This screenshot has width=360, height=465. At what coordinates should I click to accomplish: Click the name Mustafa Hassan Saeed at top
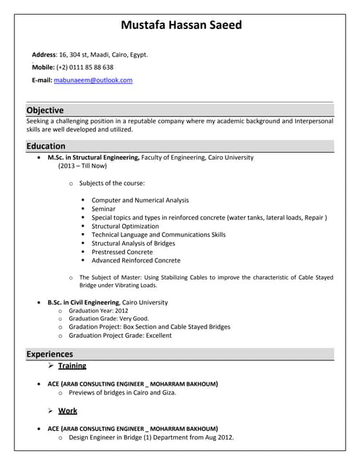(x=181, y=25)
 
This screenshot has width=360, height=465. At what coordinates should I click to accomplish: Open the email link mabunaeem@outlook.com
(x=93, y=80)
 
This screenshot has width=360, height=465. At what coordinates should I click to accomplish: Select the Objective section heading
(x=45, y=110)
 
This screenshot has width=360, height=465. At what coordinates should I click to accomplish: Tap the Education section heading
(x=46, y=146)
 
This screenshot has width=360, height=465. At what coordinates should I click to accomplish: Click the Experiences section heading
(x=49, y=354)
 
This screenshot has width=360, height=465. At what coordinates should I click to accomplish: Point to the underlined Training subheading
(x=72, y=365)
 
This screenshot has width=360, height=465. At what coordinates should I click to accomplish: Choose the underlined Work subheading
(x=68, y=411)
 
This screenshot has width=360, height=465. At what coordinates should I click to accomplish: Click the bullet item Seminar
(x=104, y=209)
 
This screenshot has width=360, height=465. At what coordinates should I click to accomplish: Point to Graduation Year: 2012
(x=98, y=310)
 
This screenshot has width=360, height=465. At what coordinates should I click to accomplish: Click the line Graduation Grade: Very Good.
(x=108, y=318)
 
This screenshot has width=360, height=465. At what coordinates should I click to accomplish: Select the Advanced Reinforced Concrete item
(x=136, y=260)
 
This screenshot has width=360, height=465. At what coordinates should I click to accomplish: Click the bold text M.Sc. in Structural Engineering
(x=93, y=157)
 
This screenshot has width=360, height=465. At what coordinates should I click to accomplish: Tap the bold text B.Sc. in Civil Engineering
(x=83, y=302)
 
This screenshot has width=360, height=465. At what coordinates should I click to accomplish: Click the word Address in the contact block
(x=44, y=54)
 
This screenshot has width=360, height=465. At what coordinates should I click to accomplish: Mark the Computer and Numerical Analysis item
(x=140, y=200)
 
